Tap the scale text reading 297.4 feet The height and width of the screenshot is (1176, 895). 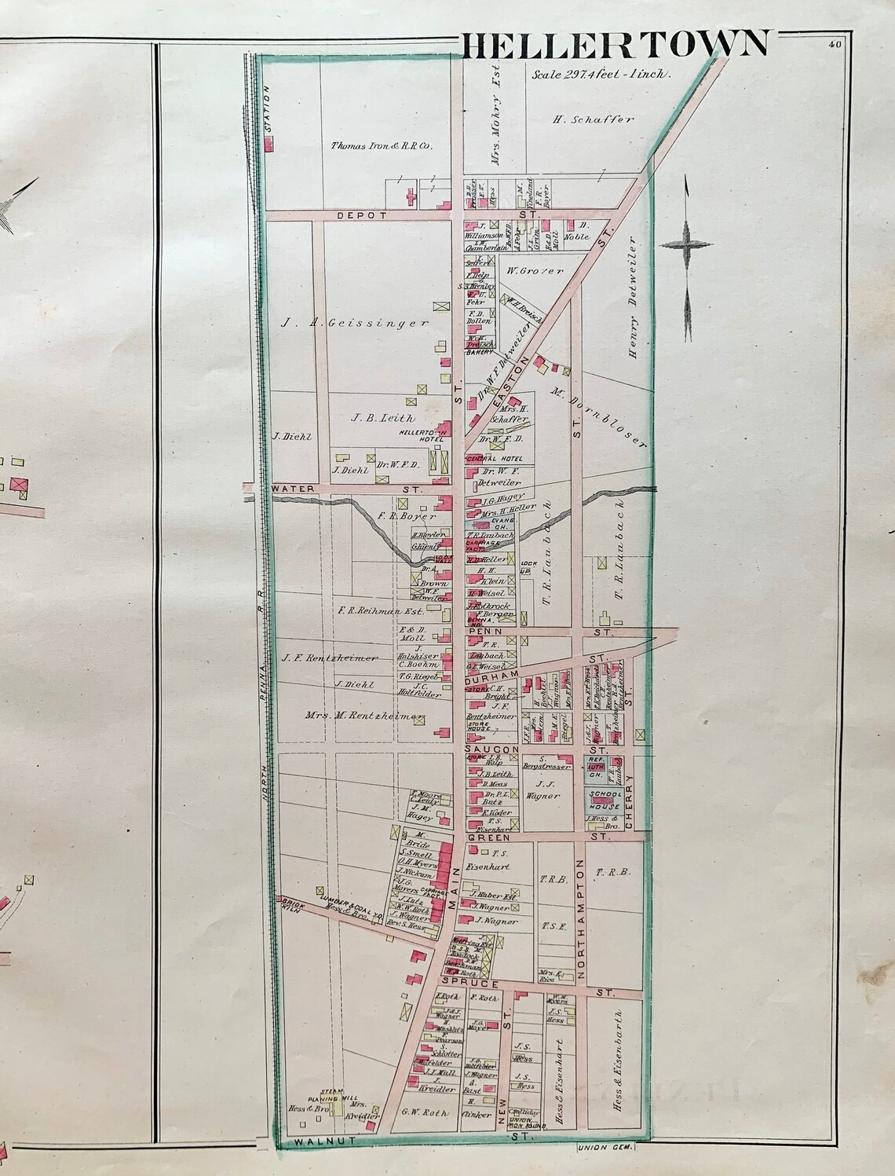pyautogui.click(x=601, y=75)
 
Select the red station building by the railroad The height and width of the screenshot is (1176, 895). pyautogui.click(x=268, y=145)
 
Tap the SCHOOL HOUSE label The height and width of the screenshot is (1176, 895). pyautogui.click(x=605, y=801)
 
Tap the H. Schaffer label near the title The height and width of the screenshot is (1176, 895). pyautogui.click(x=582, y=119)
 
